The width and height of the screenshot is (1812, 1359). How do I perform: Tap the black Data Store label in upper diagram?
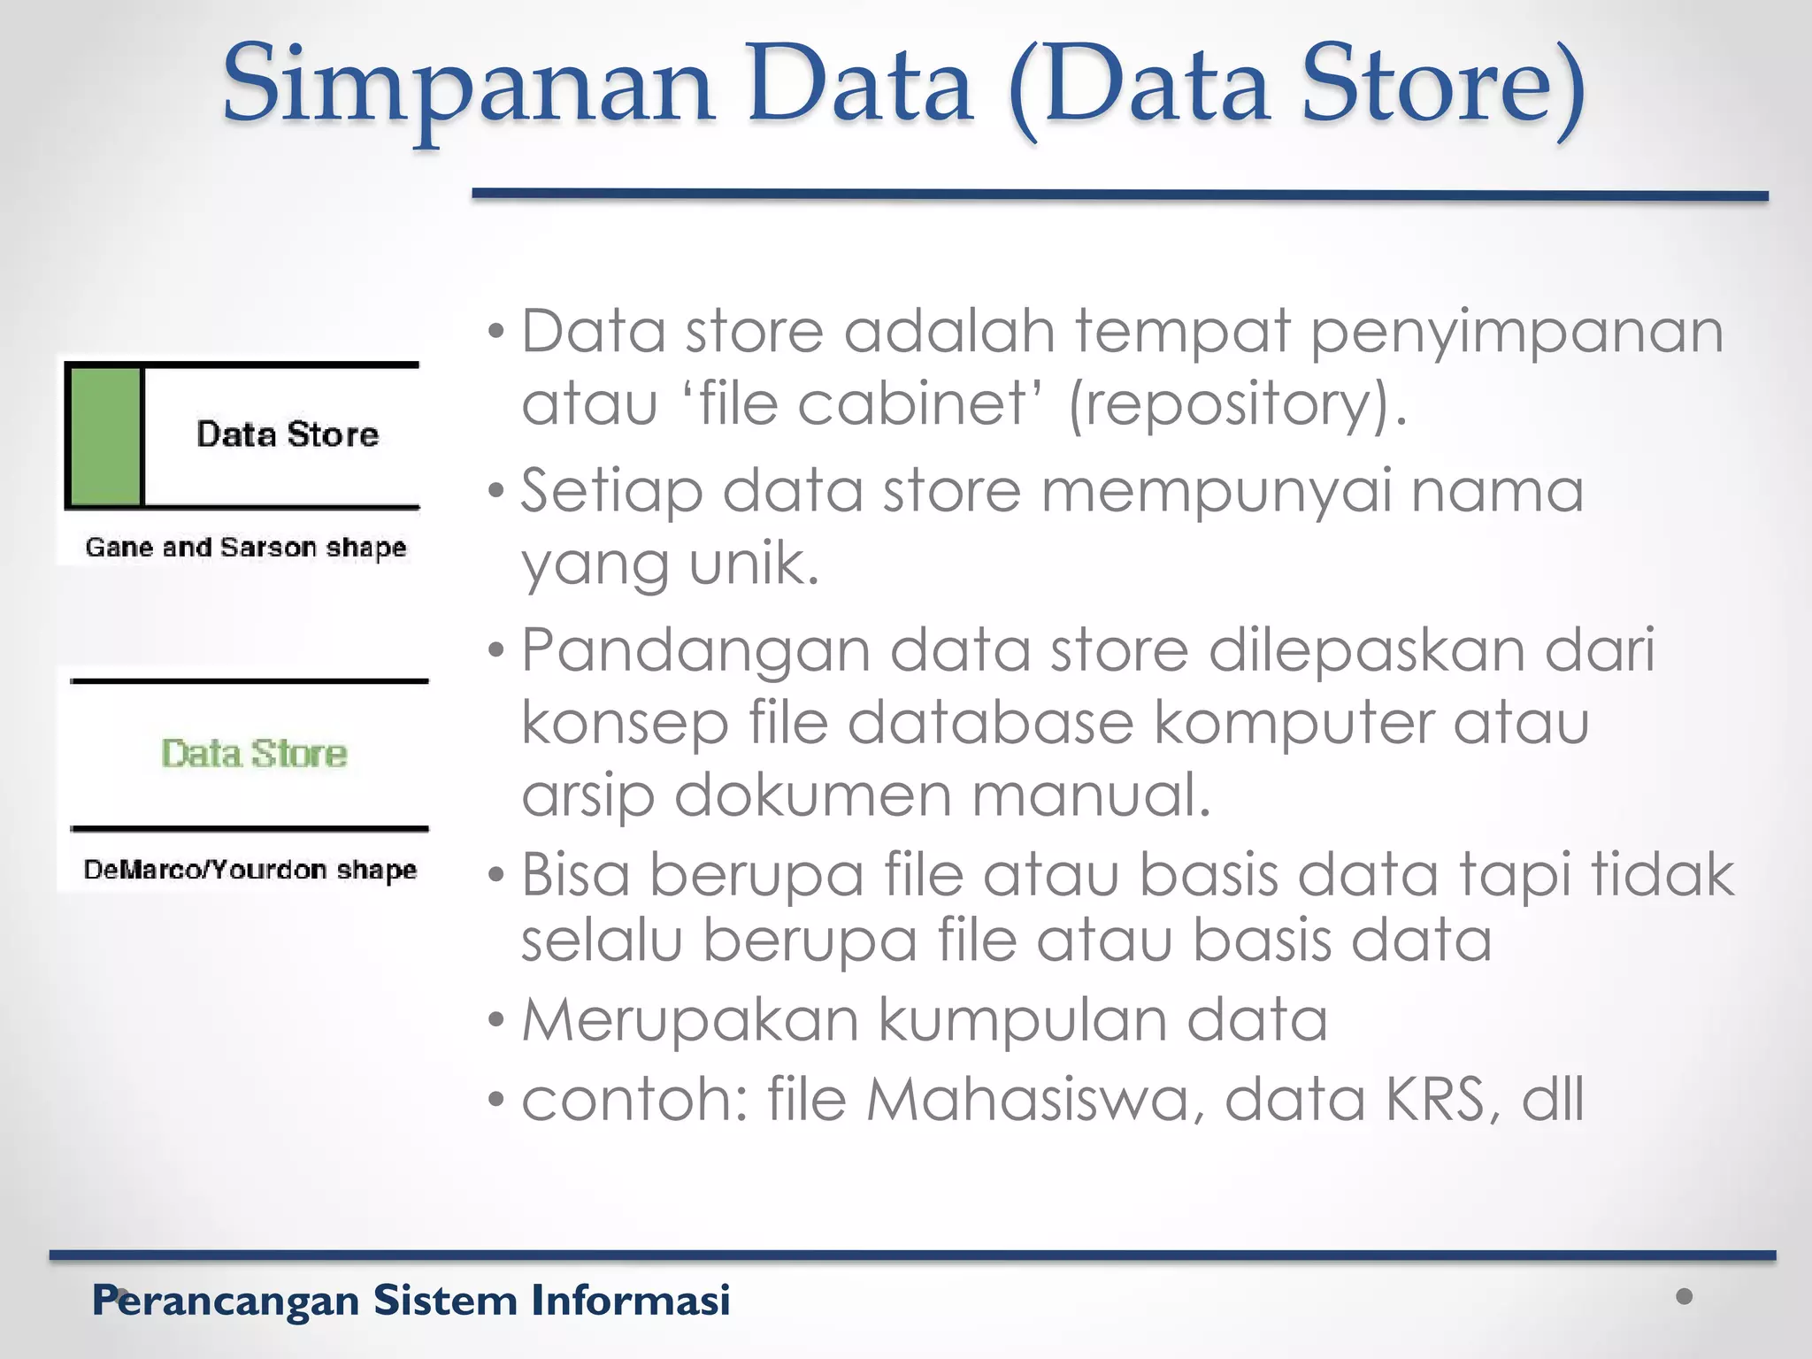[x=288, y=434]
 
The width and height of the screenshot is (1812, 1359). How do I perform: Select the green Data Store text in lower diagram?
[x=254, y=754]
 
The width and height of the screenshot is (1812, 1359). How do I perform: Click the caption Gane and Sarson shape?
[x=246, y=548]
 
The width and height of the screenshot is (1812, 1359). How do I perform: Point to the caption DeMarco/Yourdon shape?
[x=250, y=870]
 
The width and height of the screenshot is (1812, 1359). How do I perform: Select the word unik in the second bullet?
[x=754, y=564]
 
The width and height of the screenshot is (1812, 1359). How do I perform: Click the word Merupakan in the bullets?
[x=690, y=1020]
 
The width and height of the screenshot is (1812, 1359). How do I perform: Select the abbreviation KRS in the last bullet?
[x=1443, y=1100]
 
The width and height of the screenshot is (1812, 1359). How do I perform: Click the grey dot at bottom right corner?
[x=1685, y=1296]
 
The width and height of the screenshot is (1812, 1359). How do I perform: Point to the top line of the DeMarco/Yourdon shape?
[x=250, y=681]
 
